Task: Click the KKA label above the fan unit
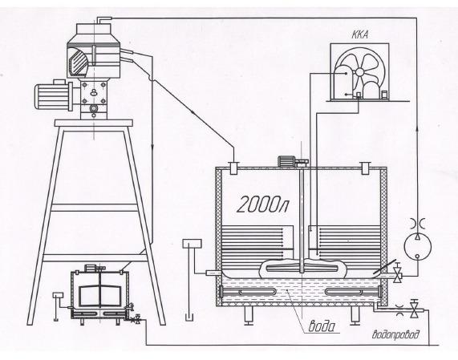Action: pyautogui.click(x=360, y=35)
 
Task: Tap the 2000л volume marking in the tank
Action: pyautogui.click(x=262, y=204)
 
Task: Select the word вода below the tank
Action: pyautogui.click(x=322, y=326)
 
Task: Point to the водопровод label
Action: pyautogui.click(x=395, y=334)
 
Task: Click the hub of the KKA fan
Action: pyautogui.click(x=359, y=72)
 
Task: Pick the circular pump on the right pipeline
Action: pyautogui.click(x=417, y=247)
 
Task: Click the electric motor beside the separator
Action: pyautogui.click(x=54, y=95)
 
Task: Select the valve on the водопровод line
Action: pyautogui.click(x=414, y=309)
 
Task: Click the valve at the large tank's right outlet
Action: pyautogui.click(x=397, y=273)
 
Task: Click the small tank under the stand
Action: pyautogui.click(x=100, y=294)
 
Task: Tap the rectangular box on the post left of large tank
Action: pyautogui.click(x=192, y=244)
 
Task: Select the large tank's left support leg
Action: pyautogui.click(x=249, y=316)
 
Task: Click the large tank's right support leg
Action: pyautogui.click(x=355, y=316)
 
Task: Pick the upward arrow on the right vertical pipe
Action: pyautogui.click(x=417, y=128)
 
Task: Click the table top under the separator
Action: pyautogui.click(x=94, y=123)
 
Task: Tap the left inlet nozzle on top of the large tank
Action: pyautogui.click(x=233, y=168)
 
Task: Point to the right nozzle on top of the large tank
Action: pyautogui.click(x=364, y=168)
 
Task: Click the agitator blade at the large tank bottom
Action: pyautogui.click(x=302, y=268)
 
